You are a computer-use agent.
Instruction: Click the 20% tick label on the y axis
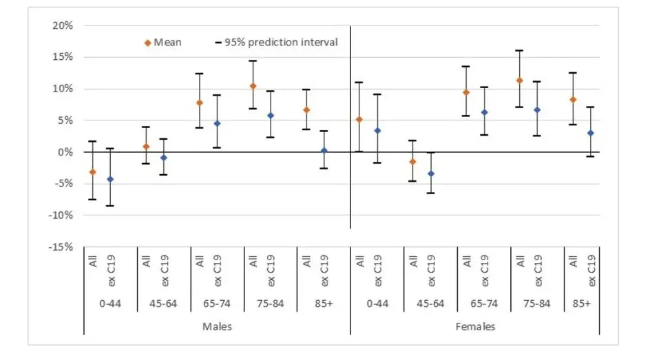[x=63, y=25]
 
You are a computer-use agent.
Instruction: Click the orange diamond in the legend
[x=147, y=43]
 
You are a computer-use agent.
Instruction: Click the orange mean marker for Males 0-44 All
[x=92, y=172]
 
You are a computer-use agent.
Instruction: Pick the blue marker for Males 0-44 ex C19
[x=110, y=180]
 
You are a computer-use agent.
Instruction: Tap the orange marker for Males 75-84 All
[x=253, y=86]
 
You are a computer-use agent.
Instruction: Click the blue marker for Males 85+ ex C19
[x=324, y=151]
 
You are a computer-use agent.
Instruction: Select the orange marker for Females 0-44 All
[x=359, y=120]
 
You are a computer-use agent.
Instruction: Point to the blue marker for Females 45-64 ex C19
[x=431, y=173]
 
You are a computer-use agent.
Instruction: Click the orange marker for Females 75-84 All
[x=520, y=81]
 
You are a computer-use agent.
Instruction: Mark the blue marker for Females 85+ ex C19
[x=591, y=133]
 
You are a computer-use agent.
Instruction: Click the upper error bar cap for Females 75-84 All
[x=520, y=50]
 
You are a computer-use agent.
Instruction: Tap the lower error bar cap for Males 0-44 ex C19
[x=110, y=206]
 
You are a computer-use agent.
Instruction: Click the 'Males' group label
[x=216, y=326]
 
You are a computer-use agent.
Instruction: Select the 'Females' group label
[x=475, y=326]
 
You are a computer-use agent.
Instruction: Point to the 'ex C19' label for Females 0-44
[x=378, y=271]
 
